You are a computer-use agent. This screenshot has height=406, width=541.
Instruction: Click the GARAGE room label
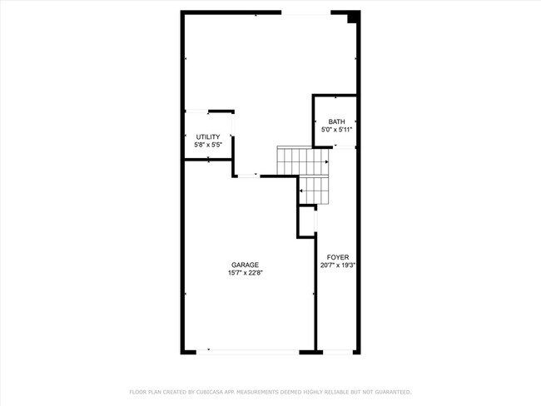tap(245, 265)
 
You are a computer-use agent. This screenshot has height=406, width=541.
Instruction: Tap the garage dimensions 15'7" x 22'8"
tap(245, 273)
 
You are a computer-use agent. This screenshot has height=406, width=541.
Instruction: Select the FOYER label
tap(337, 257)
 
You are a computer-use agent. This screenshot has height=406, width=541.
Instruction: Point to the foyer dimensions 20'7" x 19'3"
tap(337, 266)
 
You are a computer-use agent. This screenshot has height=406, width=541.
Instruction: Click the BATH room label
tap(336, 121)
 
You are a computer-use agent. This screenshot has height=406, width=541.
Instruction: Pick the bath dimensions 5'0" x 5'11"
tap(336, 130)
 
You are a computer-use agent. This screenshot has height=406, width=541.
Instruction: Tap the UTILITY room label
tap(208, 136)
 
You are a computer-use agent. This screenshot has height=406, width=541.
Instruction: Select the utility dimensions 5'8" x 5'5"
tap(208, 145)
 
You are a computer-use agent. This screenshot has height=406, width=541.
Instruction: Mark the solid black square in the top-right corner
tap(353, 17)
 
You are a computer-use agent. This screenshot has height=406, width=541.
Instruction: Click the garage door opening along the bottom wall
tap(253, 351)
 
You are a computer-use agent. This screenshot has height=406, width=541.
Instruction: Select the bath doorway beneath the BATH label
tap(343, 147)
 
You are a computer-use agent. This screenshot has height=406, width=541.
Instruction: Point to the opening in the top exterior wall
tap(305, 13)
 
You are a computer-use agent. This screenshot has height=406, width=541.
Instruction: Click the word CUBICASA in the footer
tap(207, 391)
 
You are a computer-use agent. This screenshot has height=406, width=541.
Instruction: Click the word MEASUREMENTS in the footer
tap(259, 391)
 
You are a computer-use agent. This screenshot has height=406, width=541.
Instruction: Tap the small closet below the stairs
tap(307, 220)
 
